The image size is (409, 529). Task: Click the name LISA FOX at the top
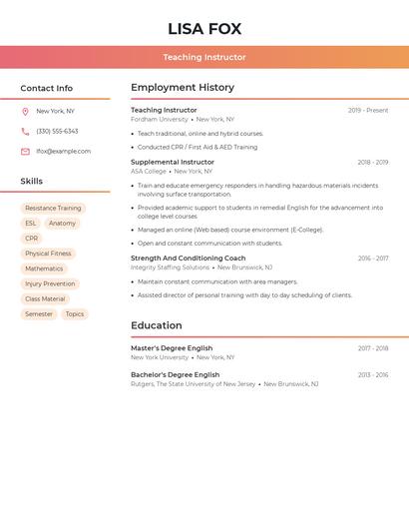pos(204,29)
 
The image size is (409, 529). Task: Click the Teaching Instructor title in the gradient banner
pos(204,57)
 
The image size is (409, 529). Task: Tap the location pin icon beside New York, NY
pos(25,112)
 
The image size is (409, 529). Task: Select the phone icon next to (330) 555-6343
pos(25,132)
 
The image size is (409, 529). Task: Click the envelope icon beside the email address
pos(25,152)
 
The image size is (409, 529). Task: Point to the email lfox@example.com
pos(63,152)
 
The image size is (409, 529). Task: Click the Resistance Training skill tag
pos(54,209)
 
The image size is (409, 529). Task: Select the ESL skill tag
pos(31,224)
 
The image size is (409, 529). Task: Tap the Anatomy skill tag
pos(62,224)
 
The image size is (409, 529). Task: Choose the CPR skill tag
pos(32,239)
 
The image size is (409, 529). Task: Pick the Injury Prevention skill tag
pos(50,284)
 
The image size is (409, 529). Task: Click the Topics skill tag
pos(75,314)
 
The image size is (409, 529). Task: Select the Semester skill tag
pos(39,314)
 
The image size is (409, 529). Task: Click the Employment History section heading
pos(183,88)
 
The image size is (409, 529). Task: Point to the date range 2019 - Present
pos(368,111)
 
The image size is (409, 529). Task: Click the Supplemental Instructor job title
pos(173,162)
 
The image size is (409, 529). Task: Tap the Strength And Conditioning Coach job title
pos(188,259)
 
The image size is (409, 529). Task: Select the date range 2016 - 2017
pos(373,259)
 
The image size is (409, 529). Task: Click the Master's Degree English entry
pos(172,348)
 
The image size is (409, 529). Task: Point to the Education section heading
pos(157,325)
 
